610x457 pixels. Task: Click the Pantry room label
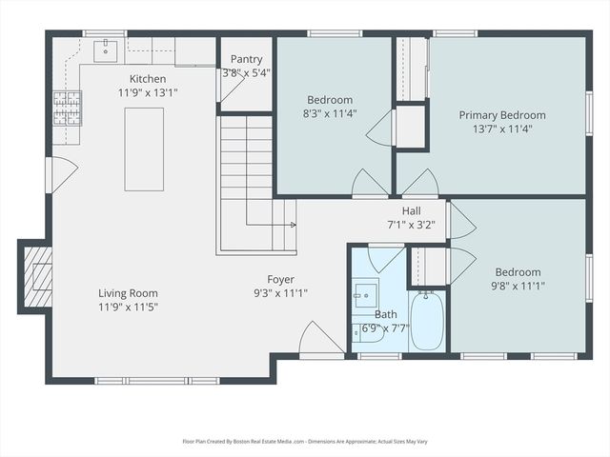point(247,59)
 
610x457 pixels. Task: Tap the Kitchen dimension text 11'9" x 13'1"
point(148,92)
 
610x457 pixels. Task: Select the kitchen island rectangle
point(144,149)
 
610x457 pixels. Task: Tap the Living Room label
point(128,293)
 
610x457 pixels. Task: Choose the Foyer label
point(280,280)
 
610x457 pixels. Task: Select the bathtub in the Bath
point(426,320)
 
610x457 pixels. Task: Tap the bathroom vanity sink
point(365,295)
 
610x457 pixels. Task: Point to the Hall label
point(411,211)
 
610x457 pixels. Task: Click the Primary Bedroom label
point(505,115)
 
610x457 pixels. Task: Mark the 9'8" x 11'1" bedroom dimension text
point(518,286)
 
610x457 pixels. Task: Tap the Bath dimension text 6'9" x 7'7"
point(385,328)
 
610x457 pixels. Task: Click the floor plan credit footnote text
point(305,441)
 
